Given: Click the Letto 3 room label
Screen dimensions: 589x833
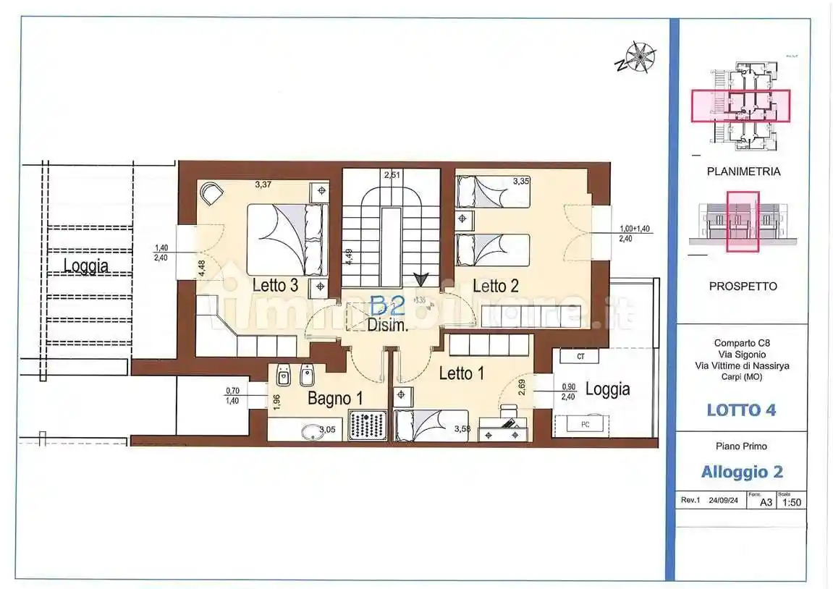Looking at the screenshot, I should [275, 285].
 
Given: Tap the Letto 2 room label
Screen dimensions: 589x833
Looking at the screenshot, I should [495, 286].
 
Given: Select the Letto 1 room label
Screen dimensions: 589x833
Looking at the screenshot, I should [461, 373].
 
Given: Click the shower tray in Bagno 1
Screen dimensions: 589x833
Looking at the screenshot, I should [368, 425].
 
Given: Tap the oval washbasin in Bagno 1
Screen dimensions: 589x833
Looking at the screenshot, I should [311, 431].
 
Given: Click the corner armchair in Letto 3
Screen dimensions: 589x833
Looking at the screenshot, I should [212, 192].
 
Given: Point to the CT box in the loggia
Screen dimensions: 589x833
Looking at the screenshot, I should [580, 357].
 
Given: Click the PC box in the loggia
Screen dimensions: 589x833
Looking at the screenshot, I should [584, 425].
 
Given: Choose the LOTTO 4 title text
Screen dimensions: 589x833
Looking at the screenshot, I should [741, 410].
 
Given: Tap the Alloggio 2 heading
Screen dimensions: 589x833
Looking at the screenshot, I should [742, 472].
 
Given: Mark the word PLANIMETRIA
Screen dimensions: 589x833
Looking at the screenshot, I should [743, 172].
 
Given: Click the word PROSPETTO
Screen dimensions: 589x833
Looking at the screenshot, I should [743, 286].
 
